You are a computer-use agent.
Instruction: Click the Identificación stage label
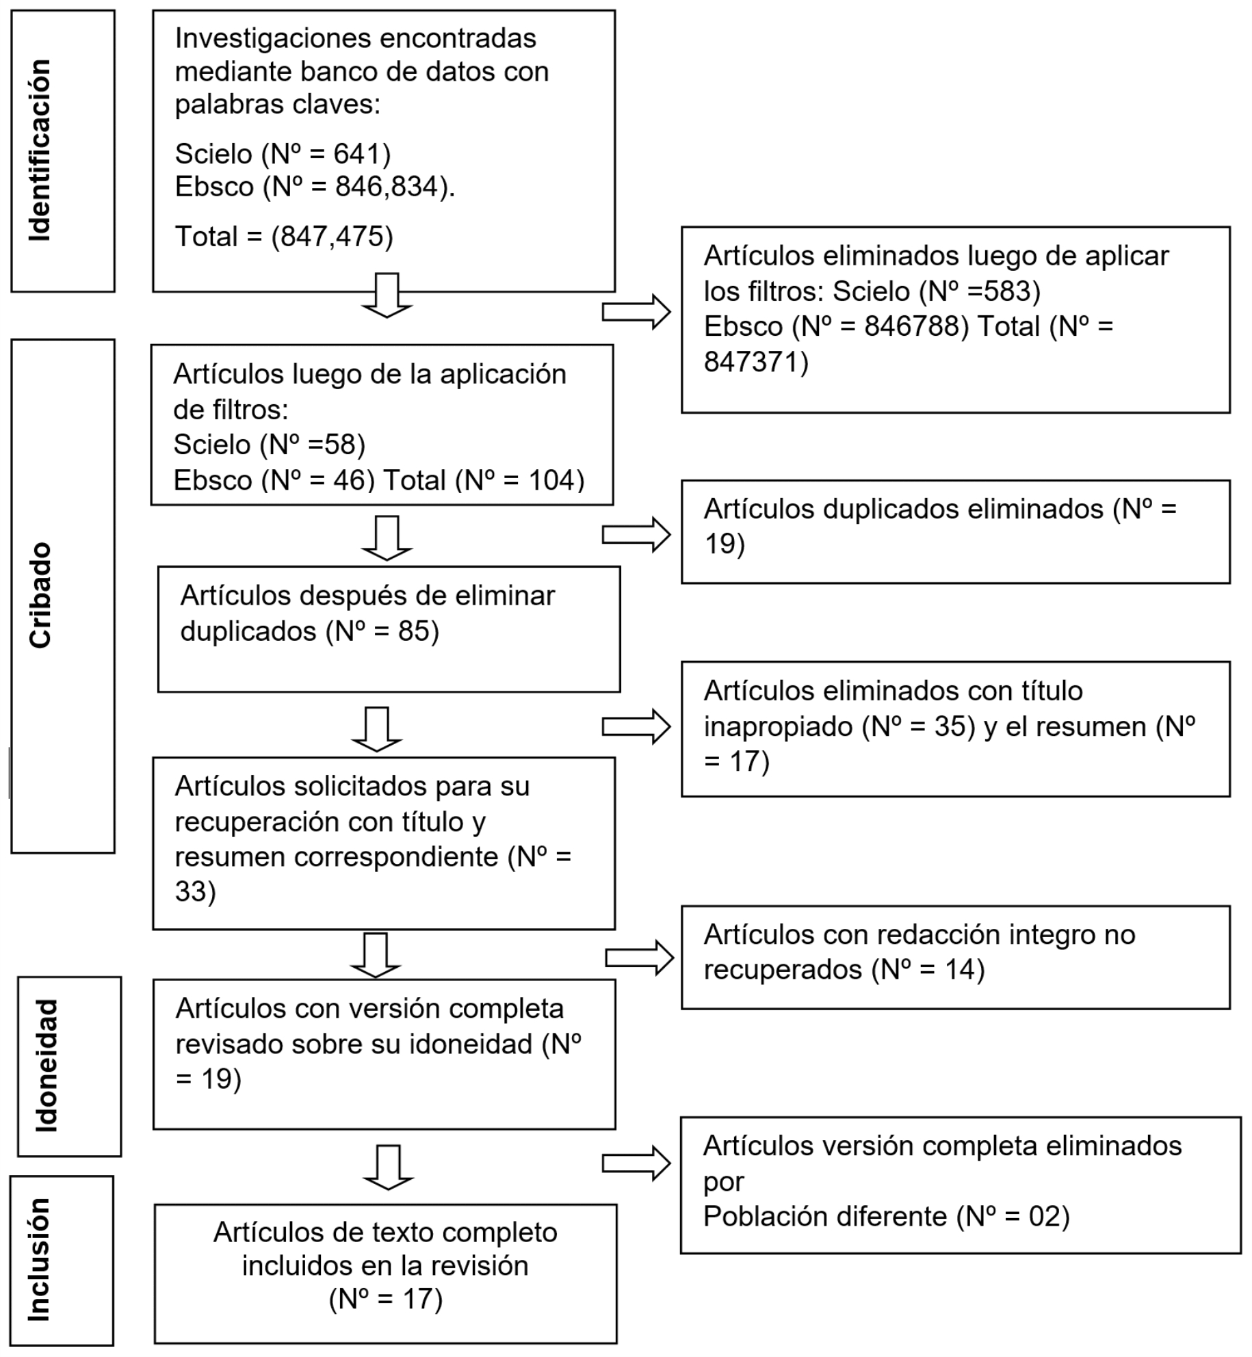40,150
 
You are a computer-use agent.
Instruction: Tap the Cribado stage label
40,595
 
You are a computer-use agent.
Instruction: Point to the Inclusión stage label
39,1259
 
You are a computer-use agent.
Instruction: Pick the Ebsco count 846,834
387,187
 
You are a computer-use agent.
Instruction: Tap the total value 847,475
332,237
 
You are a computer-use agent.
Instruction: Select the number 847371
751,362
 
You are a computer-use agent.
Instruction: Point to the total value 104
551,480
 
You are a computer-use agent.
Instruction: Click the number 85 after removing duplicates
414,631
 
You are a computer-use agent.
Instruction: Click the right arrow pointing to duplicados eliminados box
636,535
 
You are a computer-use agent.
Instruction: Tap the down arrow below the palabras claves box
387,295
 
